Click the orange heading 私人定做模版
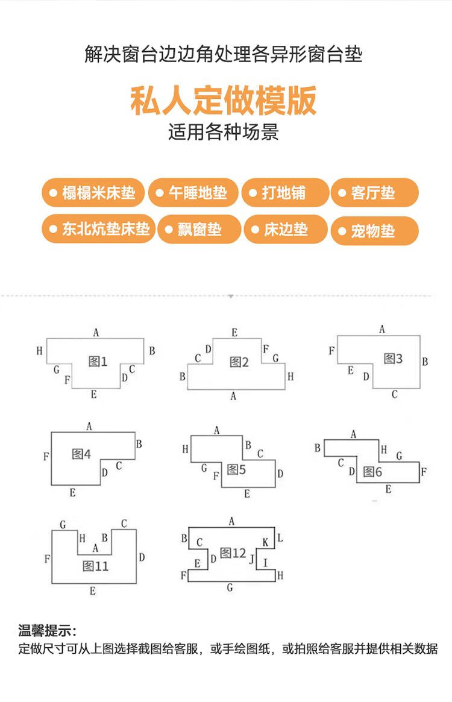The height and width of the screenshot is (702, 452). click(x=224, y=101)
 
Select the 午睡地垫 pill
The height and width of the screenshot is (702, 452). click(x=192, y=193)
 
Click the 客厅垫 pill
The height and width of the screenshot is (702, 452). click(x=374, y=193)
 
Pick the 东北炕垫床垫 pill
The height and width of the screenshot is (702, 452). click(x=98, y=229)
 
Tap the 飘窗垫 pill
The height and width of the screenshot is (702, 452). click(x=199, y=229)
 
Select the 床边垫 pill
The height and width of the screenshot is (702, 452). click(x=285, y=229)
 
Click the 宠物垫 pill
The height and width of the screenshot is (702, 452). click(x=374, y=230)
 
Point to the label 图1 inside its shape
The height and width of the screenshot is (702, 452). click(x=98, y=362)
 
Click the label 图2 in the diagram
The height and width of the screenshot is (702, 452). click(x=239, y=362)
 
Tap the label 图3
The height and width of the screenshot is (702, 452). click(x=393, y=359)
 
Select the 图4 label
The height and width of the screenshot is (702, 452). click(x=81, y=454)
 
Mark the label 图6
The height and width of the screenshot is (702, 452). click(x=372, y=472)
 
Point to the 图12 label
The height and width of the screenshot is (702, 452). click(x=233, y=553)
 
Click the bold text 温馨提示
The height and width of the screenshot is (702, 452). click(x=47, y=631)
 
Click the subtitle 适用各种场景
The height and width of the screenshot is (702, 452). click(x=224, y=132)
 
